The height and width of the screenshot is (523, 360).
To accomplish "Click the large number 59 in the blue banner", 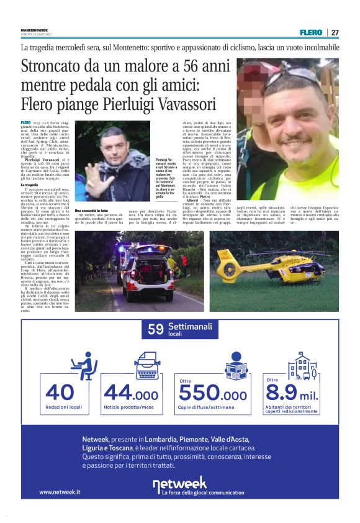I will [x=155, y=330].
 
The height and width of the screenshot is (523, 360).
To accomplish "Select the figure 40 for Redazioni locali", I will [x=60, y=392].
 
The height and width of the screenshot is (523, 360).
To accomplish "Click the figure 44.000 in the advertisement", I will [x=131, y=393].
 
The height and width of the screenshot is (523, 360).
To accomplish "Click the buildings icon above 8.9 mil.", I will [x=300, y=367].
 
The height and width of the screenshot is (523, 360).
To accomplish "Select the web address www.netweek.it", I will [x=60, y=492].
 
